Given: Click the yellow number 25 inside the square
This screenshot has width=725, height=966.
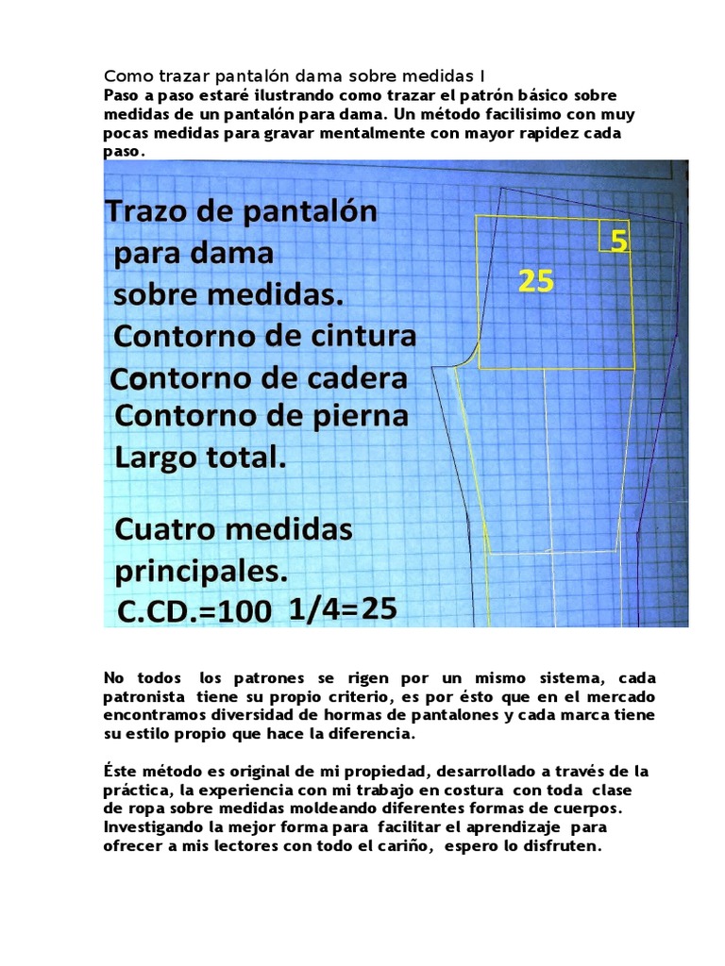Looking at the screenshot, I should click(x=535, y=281).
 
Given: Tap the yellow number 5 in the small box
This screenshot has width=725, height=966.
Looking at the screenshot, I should click(x=618, y=242).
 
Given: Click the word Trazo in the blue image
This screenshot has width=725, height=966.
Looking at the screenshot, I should click(x=151, y=211).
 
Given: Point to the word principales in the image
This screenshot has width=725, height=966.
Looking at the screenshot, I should click(x=202, y=572).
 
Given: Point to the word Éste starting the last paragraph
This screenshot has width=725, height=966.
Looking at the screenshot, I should click(x=121, y=771).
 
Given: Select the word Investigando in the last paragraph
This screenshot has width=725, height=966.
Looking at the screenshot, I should click(x=155, y=827).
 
